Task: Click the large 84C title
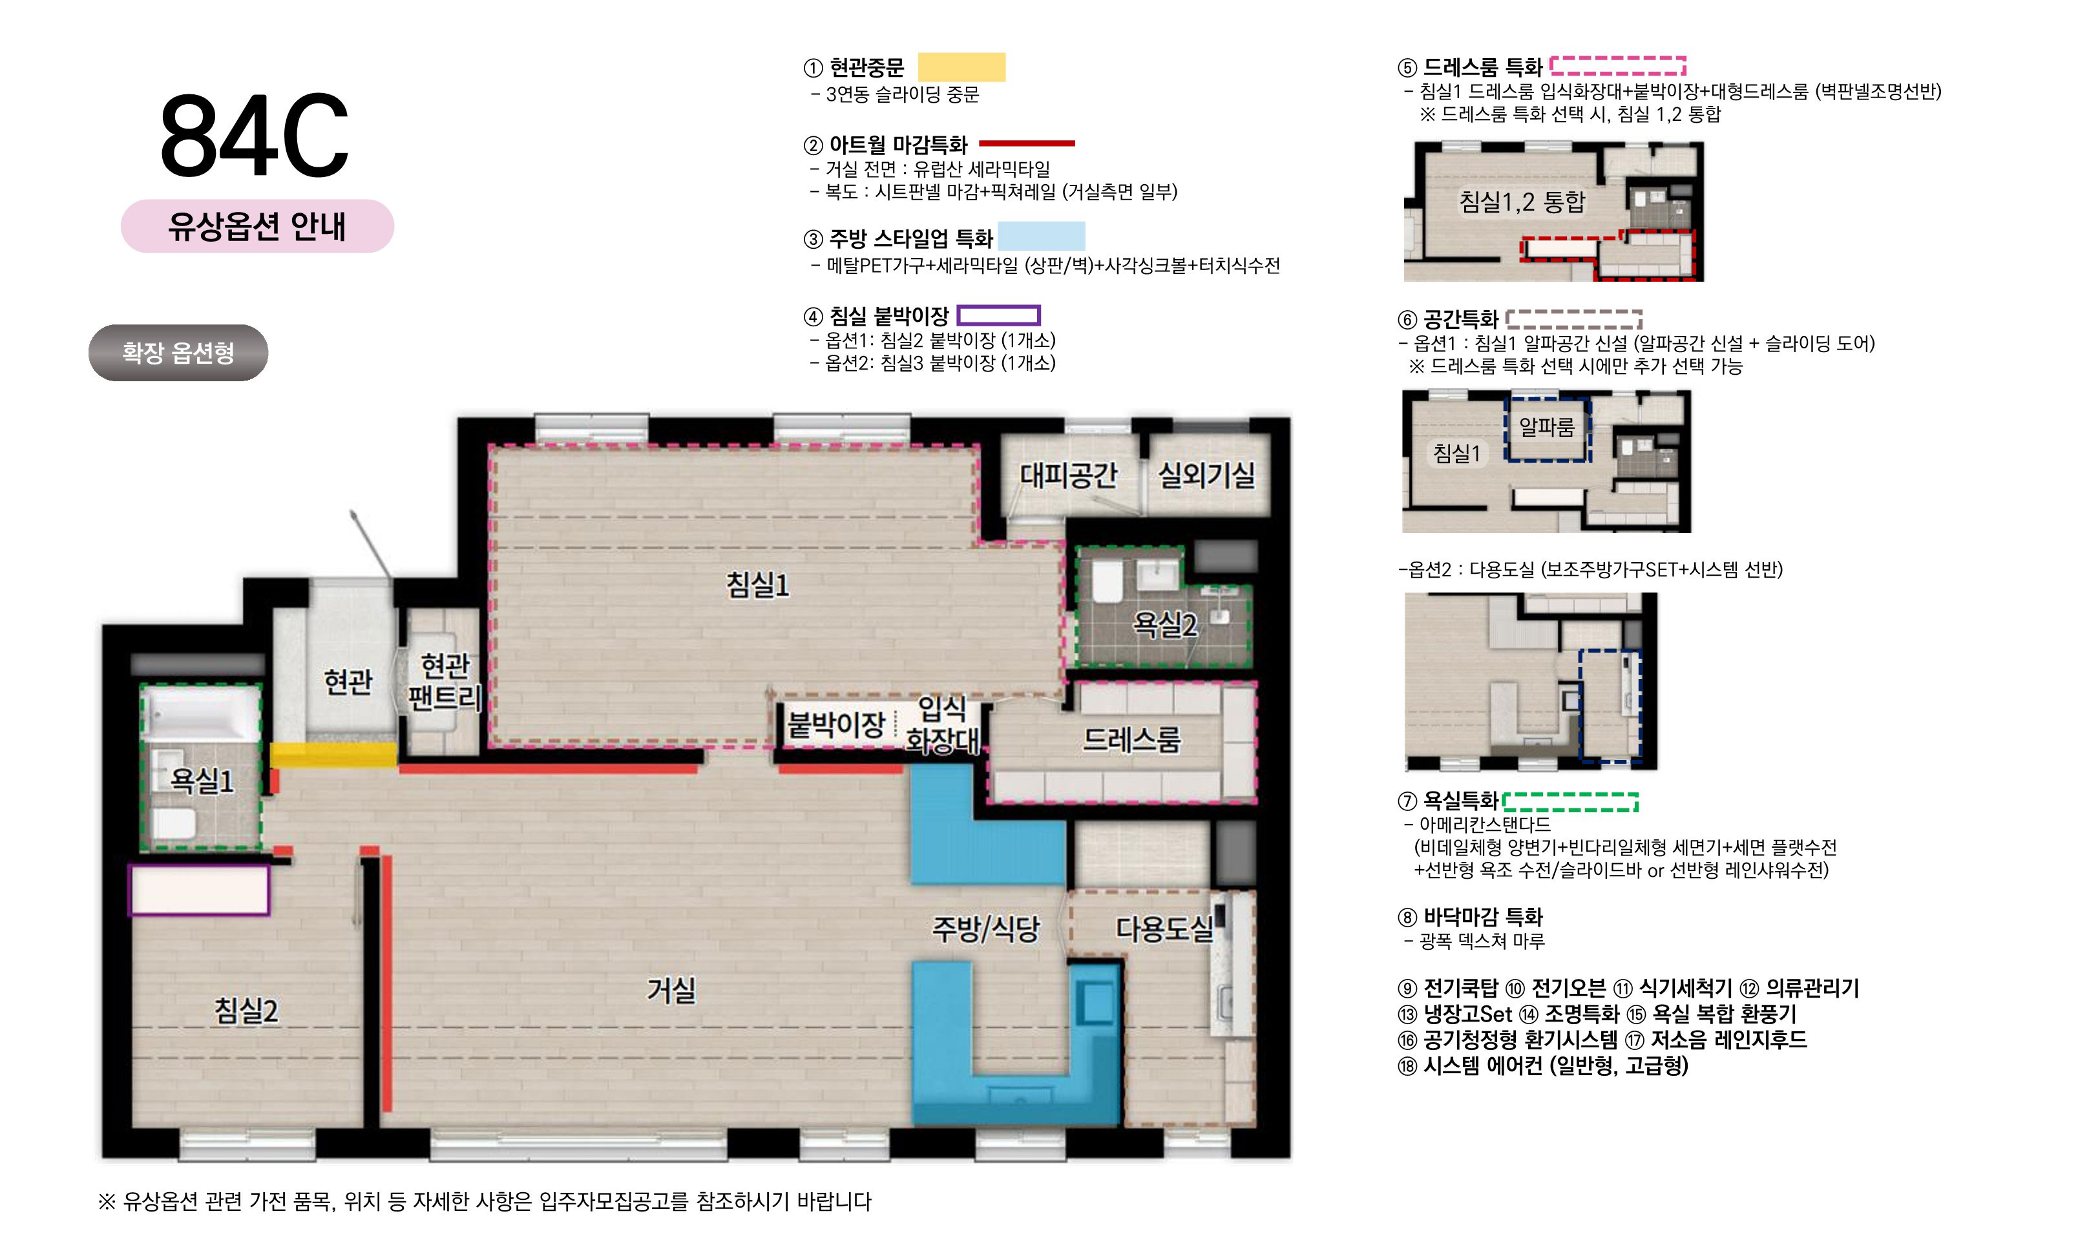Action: pos(254,136)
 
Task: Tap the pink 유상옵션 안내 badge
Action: pos(257,226)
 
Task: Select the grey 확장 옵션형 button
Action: pos(178,352)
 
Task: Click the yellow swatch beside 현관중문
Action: pos(961,67)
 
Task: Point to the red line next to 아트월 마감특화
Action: pos(1027,143)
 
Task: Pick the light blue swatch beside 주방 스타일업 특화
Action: pos(1042,236)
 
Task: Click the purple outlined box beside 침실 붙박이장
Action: pos(998,316)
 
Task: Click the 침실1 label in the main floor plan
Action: pos(757,584)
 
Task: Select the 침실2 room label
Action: pos(246,1011)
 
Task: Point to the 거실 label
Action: pos(671,990)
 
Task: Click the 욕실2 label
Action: pos(1164,625)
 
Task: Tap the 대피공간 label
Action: pos(1069,475)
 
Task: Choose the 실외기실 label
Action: pos(1206,475)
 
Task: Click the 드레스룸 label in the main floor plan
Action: pos(1131,740)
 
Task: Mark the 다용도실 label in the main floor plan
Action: pos(1164,929)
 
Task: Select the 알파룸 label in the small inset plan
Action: pos(1546,427)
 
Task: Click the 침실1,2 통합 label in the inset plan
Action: pos(1522,202)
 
